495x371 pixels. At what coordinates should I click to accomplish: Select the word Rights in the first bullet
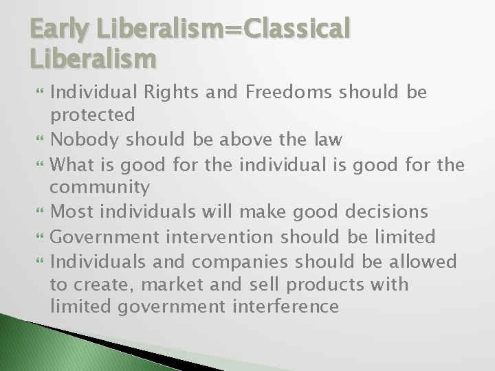[153, 93]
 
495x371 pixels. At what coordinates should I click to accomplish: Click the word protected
[92, 114]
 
